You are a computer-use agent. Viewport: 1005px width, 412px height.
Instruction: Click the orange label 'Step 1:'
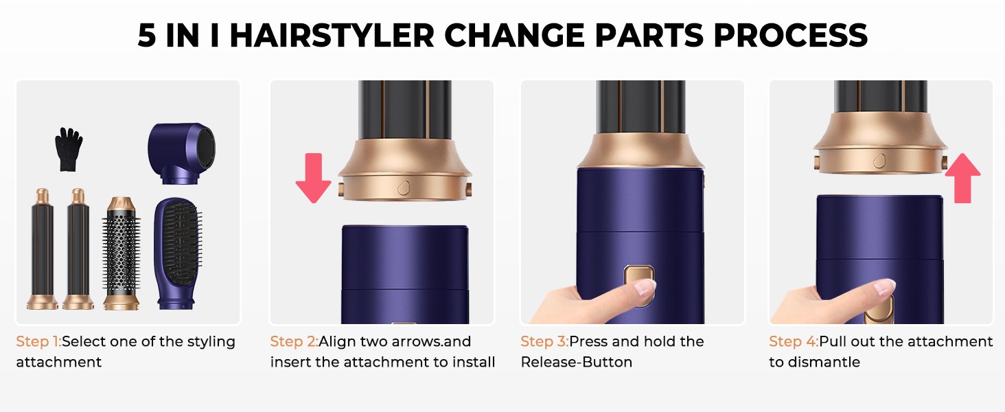pos(38,341)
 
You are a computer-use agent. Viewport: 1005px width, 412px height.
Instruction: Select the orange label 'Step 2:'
pos(294,341)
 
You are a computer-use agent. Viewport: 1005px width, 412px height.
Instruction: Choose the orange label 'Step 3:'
pos(544,341)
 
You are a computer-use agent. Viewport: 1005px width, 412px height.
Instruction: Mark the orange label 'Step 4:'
pos(793,341)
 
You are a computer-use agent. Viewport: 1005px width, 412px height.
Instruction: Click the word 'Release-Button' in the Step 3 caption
pos(577,362)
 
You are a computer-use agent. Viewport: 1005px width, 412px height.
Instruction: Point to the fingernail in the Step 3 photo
pos(645,288)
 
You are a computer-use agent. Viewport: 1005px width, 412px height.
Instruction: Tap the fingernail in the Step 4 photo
pos(885,287)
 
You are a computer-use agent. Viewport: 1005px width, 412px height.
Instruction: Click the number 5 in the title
pos(147,36)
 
